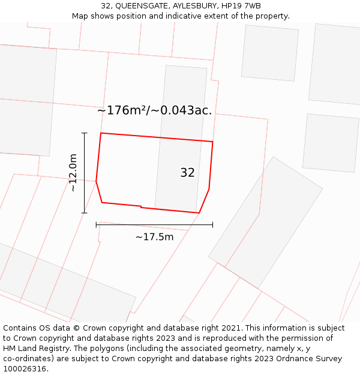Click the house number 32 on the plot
coord(187,173)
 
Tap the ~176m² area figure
coord(122,110)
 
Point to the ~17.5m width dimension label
coord(154,237)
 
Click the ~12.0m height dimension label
coord(73,172)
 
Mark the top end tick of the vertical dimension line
coord(84,133)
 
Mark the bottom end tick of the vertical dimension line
coord(84,212)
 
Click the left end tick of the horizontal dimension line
coord(96,225)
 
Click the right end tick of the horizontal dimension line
coord(212,225)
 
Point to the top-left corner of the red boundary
coord(101,133)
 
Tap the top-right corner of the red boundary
coord(212,142)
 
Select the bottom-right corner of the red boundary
coord(199,213)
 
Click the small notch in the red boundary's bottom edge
coord(141,207)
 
